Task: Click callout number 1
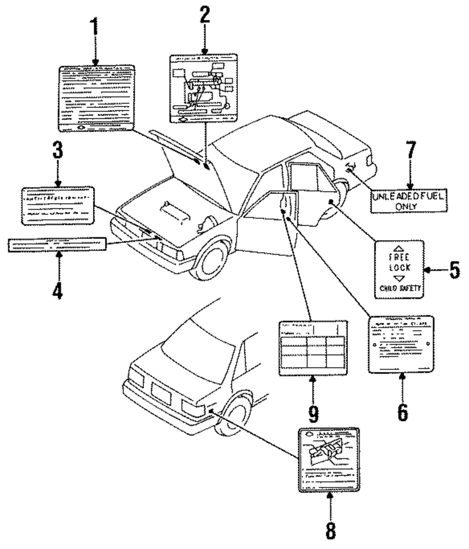click(96, 29)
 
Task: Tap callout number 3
click(57, 159)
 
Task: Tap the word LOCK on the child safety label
click(400, 267)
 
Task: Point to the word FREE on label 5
click(400, 257)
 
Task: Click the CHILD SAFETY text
click(400, 289)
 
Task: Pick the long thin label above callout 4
click(58, 244)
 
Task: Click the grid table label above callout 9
click(313, 348)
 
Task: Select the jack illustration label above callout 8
click(329, 460)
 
